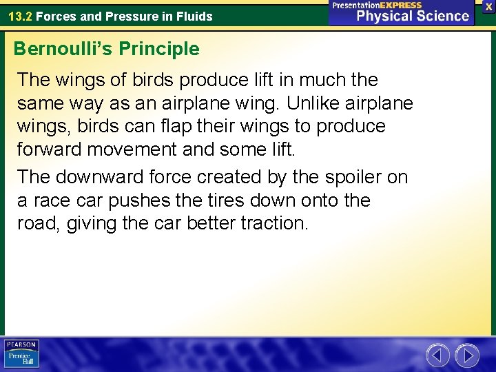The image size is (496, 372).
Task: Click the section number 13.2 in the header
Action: click(x=19, y=16)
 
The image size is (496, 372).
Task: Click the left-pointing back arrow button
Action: click(x=437, y=355)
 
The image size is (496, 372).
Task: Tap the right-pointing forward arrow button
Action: click(x=467, y=355)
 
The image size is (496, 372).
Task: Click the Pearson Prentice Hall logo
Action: click(x=21, y=354)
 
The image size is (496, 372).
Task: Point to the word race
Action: click(x=51, y=200)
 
